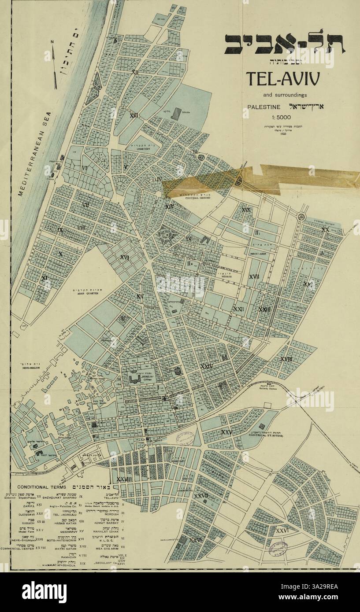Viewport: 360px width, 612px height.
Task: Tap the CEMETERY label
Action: (x=143, y=149)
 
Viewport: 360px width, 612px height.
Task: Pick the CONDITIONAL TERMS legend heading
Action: (x=41, y=487)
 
